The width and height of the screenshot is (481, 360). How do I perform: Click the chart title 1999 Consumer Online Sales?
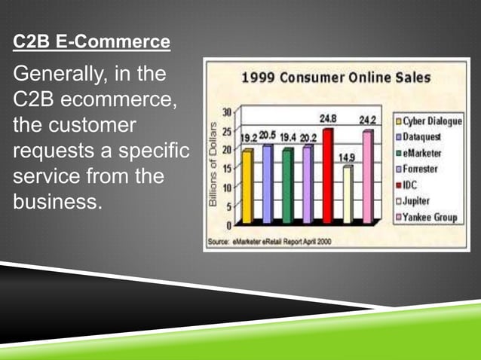(335, 77)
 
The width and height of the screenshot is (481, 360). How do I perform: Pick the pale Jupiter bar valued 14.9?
(347, 194)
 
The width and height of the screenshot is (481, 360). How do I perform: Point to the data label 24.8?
(328, 119)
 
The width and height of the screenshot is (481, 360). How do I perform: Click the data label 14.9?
(347, 157)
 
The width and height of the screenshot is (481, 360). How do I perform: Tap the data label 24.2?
(368, 120)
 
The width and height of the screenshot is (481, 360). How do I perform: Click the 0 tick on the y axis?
(228, 224)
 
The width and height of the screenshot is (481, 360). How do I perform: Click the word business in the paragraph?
(54, 203)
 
